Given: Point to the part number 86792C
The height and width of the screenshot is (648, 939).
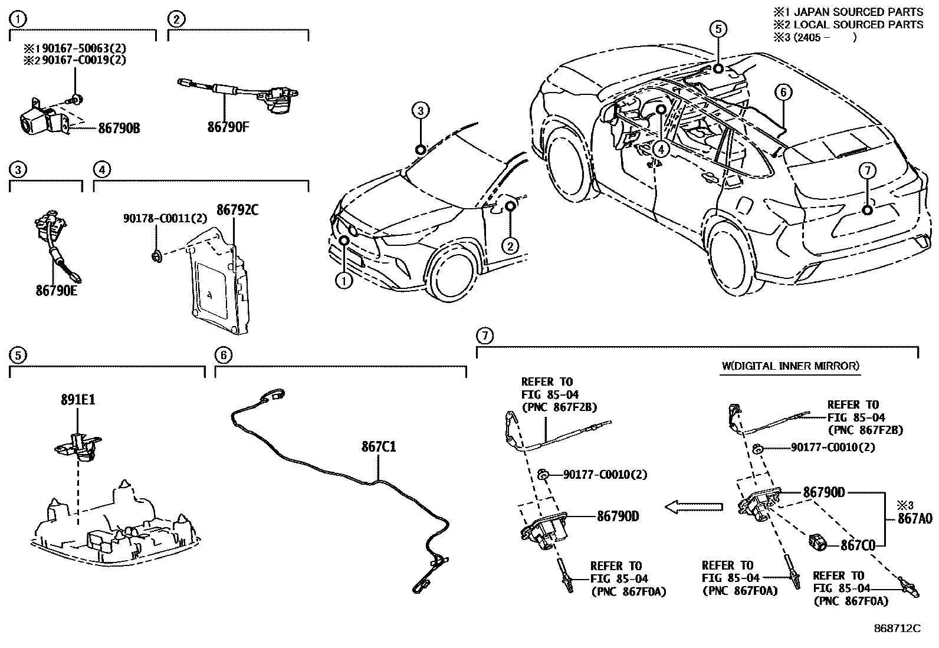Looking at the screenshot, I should (237, 210).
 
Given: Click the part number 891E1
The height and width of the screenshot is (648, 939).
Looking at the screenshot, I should (77, 400).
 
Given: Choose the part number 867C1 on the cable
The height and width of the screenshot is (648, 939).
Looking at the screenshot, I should (378, 447).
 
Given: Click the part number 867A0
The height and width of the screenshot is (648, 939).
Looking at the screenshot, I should (915, 519).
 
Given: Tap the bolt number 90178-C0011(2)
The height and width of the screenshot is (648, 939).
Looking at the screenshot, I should (165, 218).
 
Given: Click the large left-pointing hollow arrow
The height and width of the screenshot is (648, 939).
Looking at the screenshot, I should (694, 506).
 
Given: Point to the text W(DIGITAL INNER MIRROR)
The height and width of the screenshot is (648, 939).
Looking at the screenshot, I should (790, 366).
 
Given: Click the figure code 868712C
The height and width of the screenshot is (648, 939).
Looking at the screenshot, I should (897, 629).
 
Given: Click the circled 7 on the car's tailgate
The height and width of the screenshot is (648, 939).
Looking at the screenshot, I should (866, 171).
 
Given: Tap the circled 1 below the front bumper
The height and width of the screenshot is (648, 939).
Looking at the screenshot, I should (343, 281).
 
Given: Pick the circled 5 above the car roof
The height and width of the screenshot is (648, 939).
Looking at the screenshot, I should (718, 28).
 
